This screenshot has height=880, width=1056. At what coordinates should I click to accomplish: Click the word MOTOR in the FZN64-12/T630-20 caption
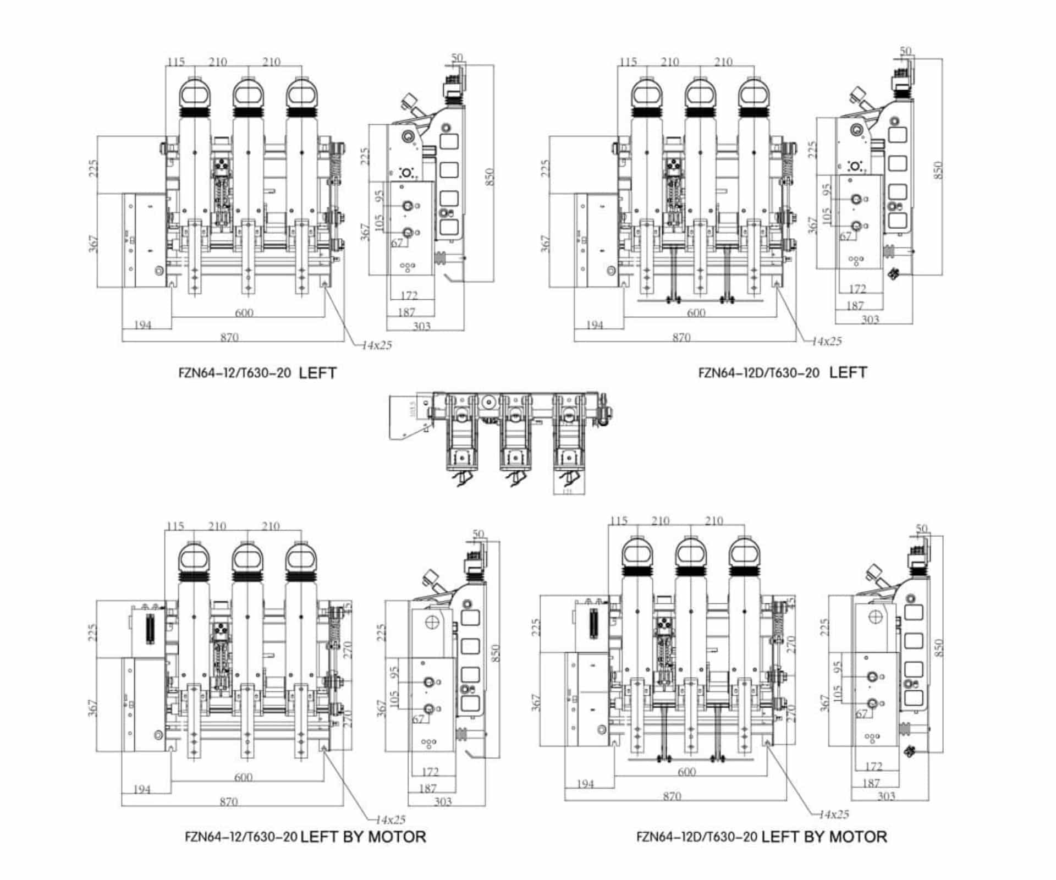[397, 837]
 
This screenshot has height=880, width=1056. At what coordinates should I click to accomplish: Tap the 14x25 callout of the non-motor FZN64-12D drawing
[827, 341]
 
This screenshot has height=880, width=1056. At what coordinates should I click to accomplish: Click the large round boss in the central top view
[487, 403]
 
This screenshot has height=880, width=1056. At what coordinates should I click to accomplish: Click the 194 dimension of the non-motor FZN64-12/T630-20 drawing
[142, 325]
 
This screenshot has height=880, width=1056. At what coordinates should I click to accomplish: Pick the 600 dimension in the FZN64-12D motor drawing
[686, 772]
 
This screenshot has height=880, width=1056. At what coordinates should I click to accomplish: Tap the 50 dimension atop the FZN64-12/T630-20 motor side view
[478, 534]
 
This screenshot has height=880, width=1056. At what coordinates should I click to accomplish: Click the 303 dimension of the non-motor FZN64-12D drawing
[870, 320]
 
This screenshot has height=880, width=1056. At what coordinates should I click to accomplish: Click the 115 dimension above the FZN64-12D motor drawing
[619, 521]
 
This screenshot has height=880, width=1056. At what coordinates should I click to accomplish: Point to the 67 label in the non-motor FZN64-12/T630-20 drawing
[397, 243]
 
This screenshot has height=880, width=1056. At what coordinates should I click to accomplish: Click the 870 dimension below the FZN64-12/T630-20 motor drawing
[228, 801]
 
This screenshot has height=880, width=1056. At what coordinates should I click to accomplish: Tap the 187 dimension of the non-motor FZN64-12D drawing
[855, 305]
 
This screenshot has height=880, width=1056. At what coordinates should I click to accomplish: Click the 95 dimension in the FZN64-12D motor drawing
[838, 668]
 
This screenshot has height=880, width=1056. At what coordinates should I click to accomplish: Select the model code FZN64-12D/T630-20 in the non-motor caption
[758, 373]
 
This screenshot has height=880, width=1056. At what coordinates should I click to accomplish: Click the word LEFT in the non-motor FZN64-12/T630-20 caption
[317, 373]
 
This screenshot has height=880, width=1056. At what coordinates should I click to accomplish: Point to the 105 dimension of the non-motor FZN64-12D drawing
[826, 216]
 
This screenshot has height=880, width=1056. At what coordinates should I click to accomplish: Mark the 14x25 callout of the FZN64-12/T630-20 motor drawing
[391, 820]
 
